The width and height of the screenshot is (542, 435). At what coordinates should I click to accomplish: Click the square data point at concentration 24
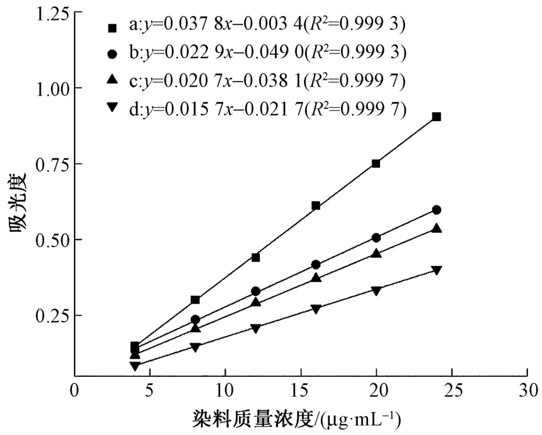pyautogui.click(x=436, y=117)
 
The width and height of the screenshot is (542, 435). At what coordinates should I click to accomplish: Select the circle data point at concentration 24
pyautogui.click(x=436, y=210)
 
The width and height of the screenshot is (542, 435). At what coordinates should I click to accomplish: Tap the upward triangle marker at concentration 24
pyautogui.click(x=436, y=228)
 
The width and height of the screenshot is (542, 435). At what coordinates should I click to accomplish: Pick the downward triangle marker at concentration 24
pyautogui.click(x=436, y=270)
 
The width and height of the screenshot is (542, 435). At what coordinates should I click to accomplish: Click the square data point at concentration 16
pyautogui.click(x=316, y=205)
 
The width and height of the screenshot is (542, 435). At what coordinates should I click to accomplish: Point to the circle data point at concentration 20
pyautogui.click(x=376, y=238)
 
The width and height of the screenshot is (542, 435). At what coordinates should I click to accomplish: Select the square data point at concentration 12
pyautogui.click(x=256, y=257)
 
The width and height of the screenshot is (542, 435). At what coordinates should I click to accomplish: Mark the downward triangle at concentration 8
pyautogui.click(x=195, y=348)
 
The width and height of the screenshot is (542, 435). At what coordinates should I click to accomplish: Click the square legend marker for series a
pyautogui.click(x=112, y=27)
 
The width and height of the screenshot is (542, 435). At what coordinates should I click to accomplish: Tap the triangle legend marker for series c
pyautogui.click(x=112, y=79)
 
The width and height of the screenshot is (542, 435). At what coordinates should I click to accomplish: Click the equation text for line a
pyautogui.click(x=267, y=26)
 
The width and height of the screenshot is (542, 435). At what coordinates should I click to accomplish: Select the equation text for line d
pyautogui.click(x=267, y=108)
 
